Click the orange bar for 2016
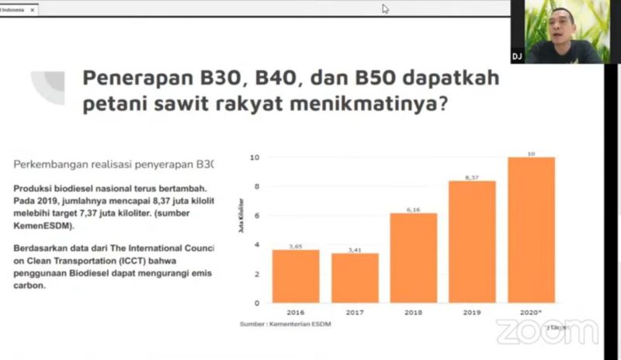296,275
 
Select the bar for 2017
355,278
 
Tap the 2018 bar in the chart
413,258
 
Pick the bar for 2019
472,241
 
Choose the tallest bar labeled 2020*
531,230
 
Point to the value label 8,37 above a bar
472,177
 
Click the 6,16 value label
413,209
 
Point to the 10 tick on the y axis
254,157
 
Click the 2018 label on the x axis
413,312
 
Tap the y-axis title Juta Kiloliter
241,230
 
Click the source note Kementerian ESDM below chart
285,324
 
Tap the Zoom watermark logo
547,331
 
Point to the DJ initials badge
517,57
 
